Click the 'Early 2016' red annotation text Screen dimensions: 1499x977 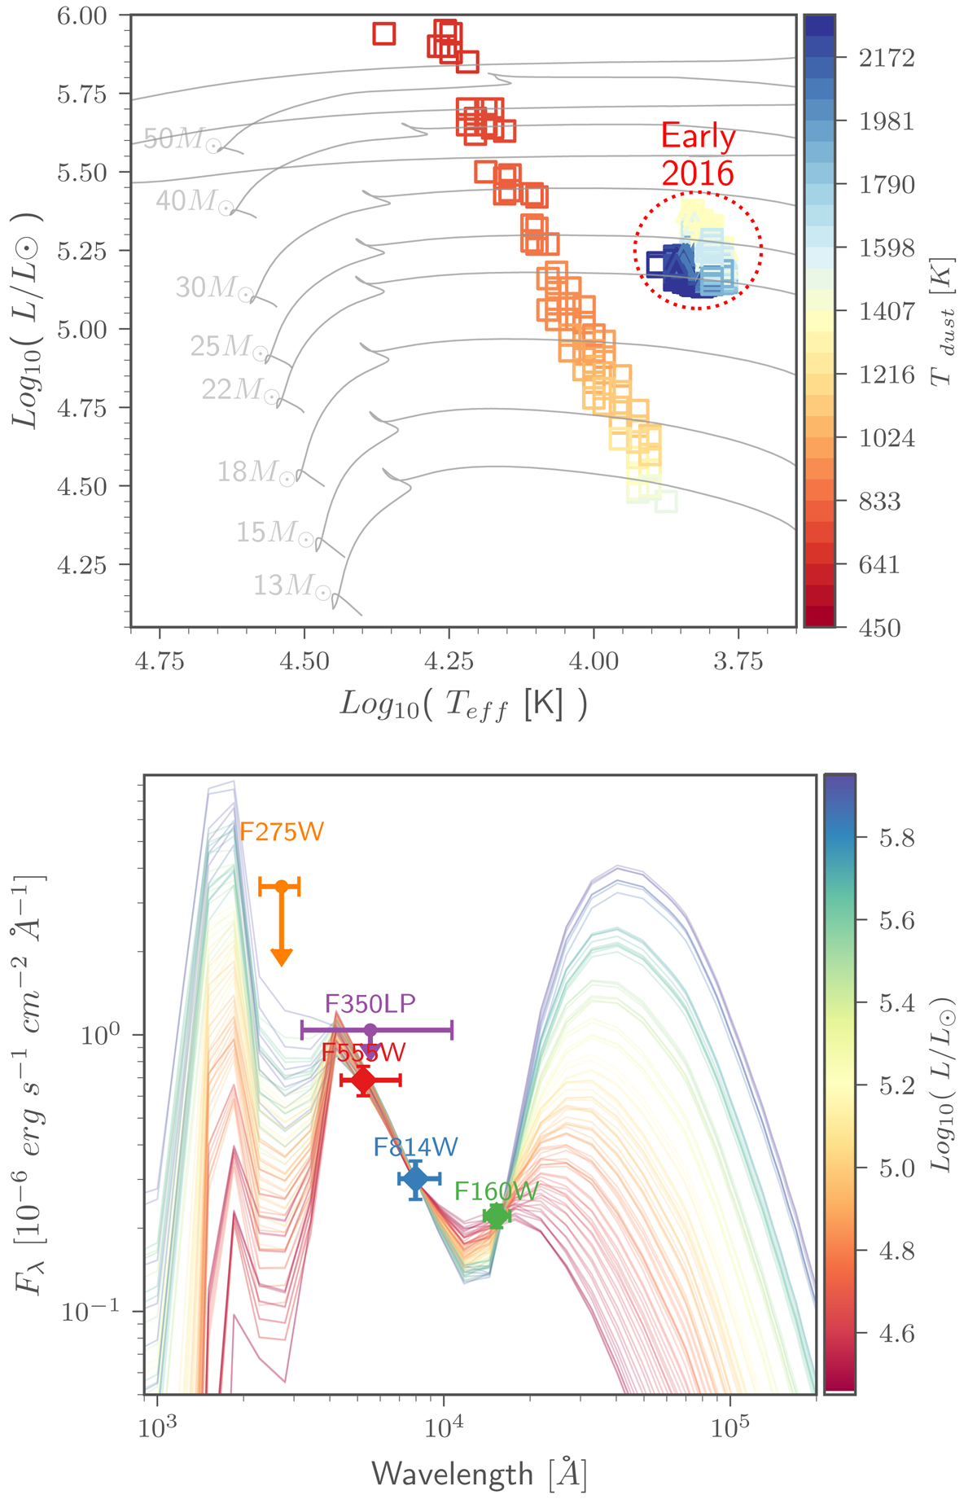coord(698,155)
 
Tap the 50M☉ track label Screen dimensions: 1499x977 coord(182,139)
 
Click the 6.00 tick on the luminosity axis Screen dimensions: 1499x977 coord(81,15)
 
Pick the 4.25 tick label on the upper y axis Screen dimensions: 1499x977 coord(81,565)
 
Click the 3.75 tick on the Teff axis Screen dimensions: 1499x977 coord(738,661)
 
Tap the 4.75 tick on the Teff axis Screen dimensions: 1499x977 coord(160,661)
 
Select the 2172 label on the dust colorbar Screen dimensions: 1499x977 coord(887,58)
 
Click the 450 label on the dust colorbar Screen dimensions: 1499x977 coord(879,628)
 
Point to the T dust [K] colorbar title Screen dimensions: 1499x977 coord(942,322)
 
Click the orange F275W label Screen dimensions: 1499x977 coord(282,831)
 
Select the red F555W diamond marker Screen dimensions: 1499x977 coord(363,1080)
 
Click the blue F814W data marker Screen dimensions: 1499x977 coord(416,1178)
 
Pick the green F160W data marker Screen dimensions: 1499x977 coord(496,1216)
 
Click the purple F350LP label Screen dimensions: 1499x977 coord(370,1003)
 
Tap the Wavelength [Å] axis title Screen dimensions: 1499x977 coord(480,1473)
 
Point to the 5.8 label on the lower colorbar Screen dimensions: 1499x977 coord(897,838)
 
